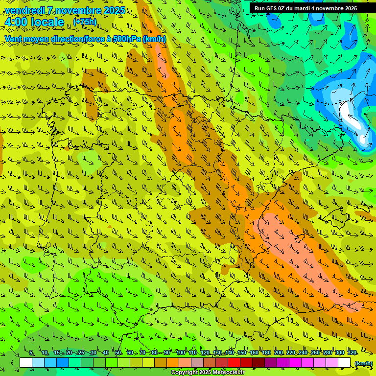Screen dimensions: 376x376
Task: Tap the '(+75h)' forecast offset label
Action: click(x=85, y=22)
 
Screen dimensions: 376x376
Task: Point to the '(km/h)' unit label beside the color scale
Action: click(x=363, y=363)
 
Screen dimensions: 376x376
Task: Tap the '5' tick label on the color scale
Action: click(x=31, y=353)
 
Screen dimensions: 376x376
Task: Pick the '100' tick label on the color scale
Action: click(x=180, y=353)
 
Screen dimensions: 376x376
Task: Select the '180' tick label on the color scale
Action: click(x=266, y=353)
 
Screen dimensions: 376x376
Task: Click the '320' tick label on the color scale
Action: click(x=352, y=353)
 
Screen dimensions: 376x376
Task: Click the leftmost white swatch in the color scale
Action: click(x=26, y=363)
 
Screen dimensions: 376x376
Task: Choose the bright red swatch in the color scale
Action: click(x=234, y=363)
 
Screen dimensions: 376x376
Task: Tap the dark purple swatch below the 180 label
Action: click(x=271, y=363)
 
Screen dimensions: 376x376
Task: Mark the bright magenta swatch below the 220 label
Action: click(x=295, y=363)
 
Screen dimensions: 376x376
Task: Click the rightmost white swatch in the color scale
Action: click(x=344, y=363)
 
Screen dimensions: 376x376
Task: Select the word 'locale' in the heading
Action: click(x=47, y=22)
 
